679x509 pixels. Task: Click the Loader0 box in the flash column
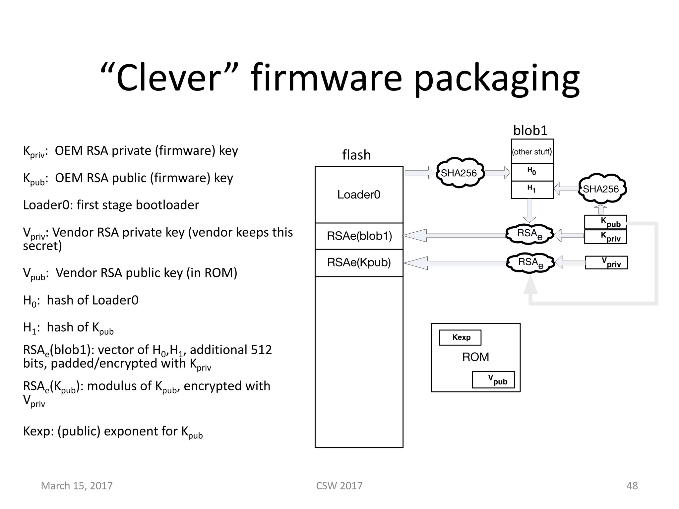click(x=359, y=195)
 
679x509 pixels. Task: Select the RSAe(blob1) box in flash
click(x=359, y=236)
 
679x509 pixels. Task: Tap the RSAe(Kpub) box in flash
click(x=359, y=262)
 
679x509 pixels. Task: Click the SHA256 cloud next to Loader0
click(x=459, y=173)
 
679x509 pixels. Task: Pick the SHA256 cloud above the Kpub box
click(x=601, y=189)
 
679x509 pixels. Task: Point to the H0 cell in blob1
click(x=532, y=172)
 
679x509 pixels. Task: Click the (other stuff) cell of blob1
click(x=532, y=152)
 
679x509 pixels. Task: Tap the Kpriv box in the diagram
click(x=606, y=237)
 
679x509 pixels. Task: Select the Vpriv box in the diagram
click(x=606, y=262)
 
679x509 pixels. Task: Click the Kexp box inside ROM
click(x=460, y=337)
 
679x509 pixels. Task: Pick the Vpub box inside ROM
click(x=493, y=379)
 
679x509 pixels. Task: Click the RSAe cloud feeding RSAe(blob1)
click(x=529, y=234)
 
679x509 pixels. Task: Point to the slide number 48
click(x=632, y=485)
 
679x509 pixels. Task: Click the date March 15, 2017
click(x=77, y=485)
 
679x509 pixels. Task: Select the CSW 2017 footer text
click(x=339, y=485)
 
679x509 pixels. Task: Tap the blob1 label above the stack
click(x=530, y=131)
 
